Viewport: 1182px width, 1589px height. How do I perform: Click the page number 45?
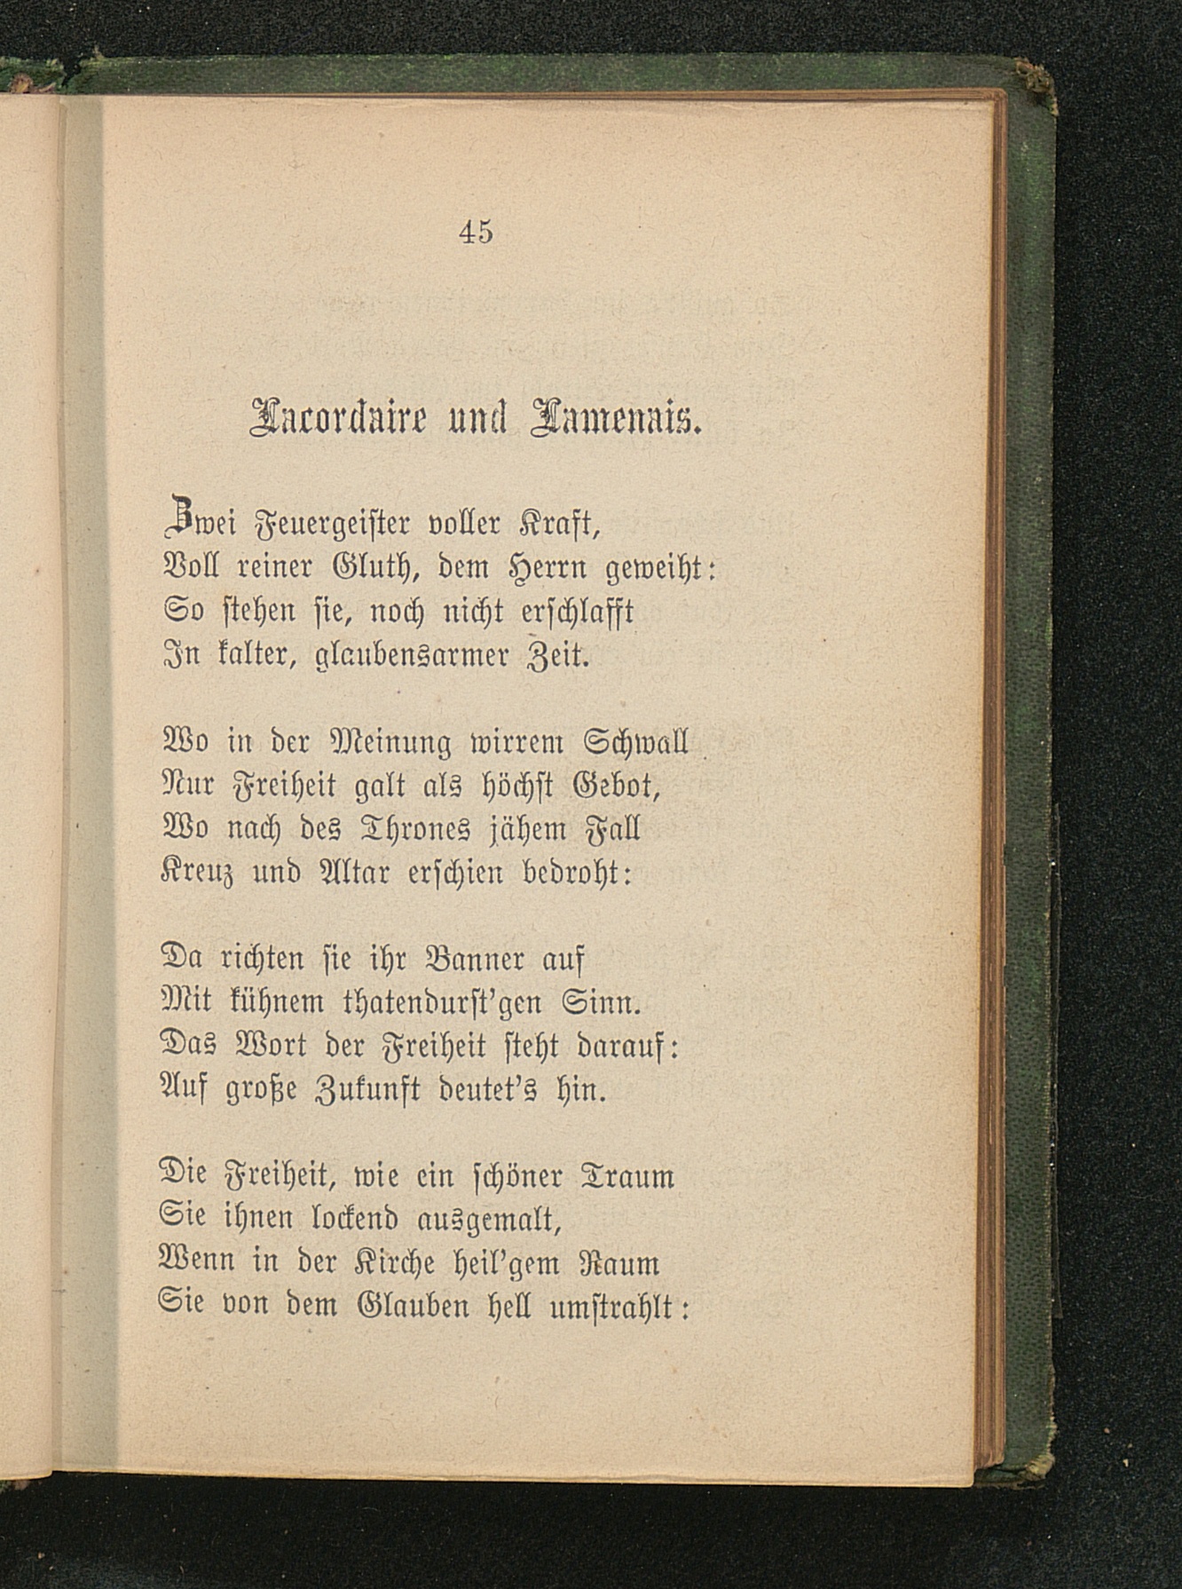pos(476,233)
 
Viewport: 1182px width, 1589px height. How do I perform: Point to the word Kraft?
pos(558,525)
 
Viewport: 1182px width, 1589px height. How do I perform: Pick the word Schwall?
pos(637,742)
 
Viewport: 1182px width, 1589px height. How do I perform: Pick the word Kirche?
pos(382,1264)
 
